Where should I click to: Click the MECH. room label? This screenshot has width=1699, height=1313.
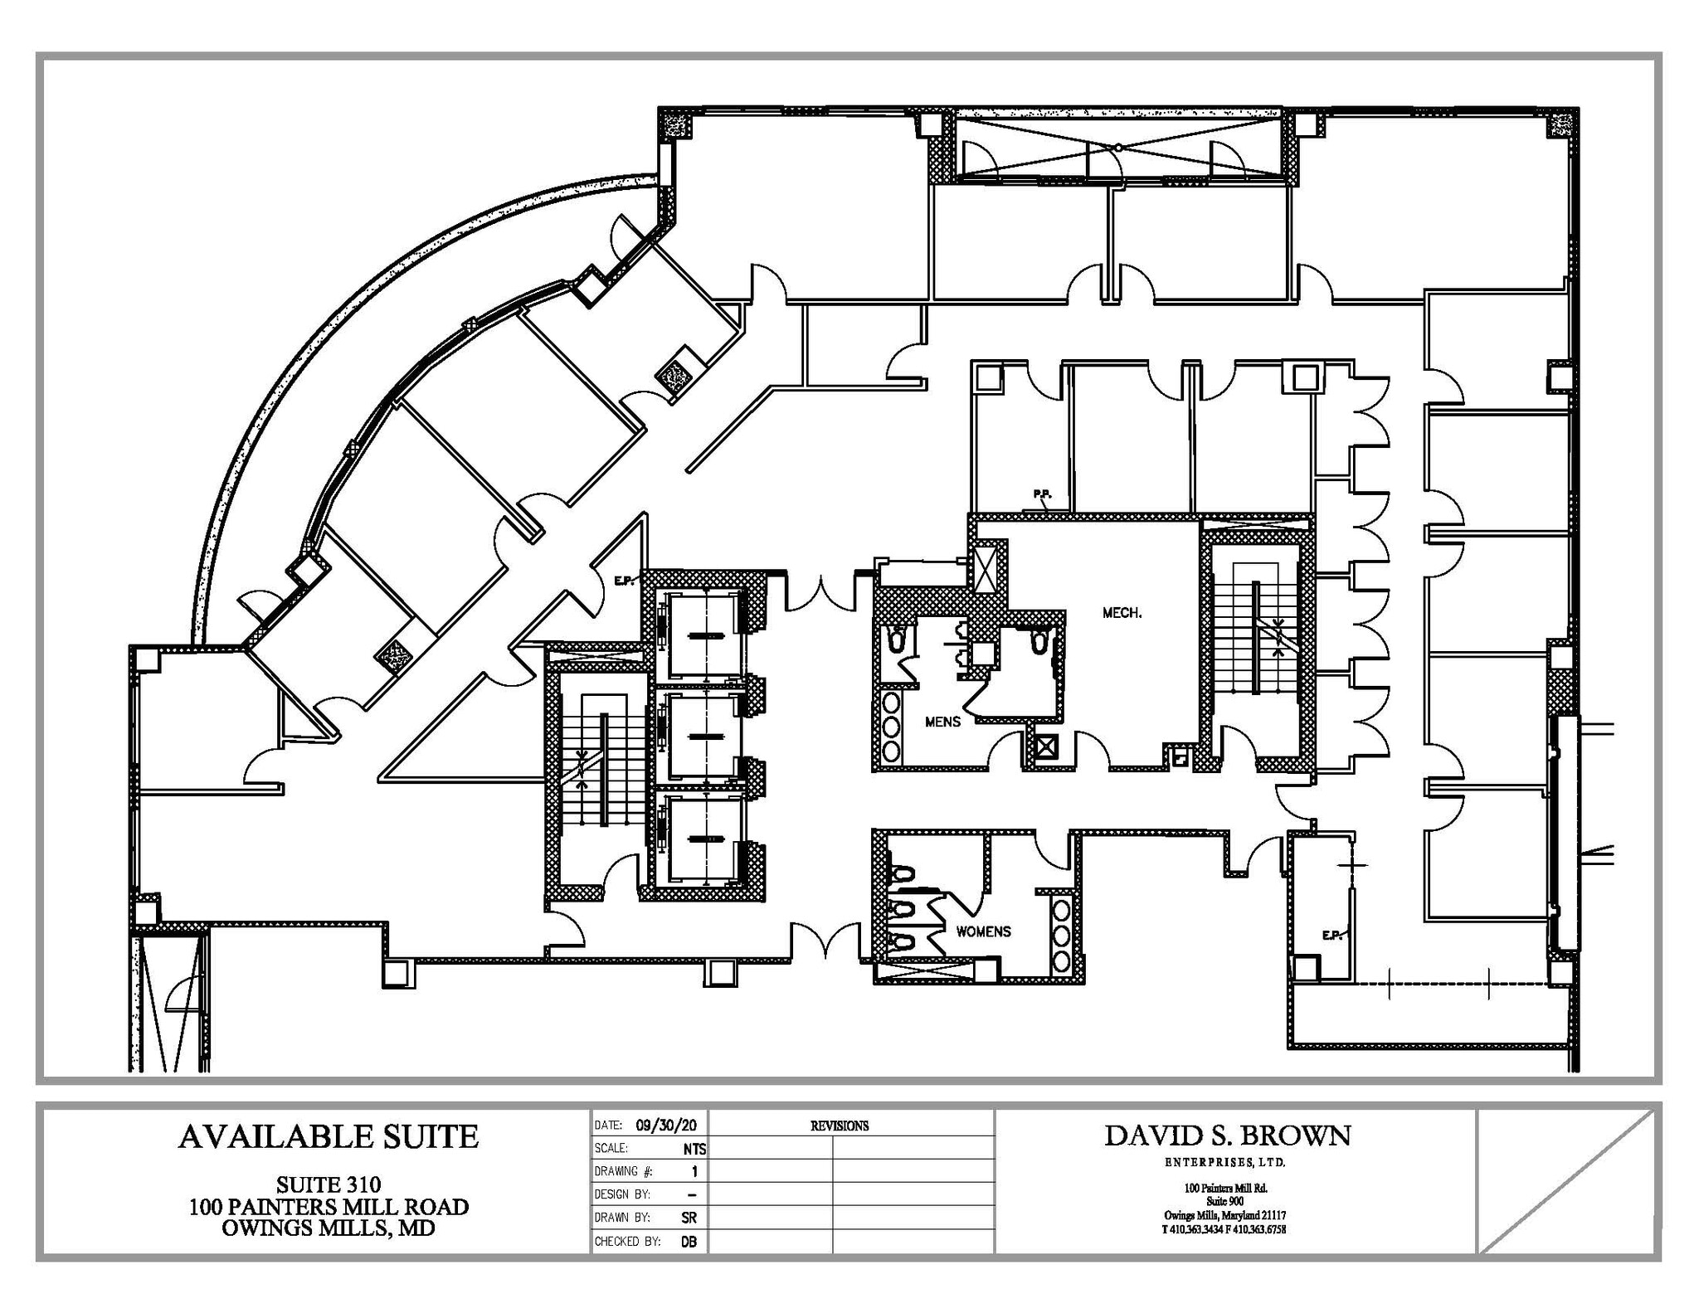point(1122,613)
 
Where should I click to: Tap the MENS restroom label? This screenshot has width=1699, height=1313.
point(942,722)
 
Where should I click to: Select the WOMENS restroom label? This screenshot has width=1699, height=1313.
point(983,931)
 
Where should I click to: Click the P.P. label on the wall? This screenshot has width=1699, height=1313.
point(1042,495)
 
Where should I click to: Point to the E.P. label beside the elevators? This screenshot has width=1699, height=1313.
point(624,581)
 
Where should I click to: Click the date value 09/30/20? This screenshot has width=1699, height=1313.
point(666,1126)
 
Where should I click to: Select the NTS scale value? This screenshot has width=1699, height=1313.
point(694,1149)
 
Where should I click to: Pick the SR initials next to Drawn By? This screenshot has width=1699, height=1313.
point(689,1218)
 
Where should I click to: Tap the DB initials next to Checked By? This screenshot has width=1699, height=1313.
point(689,1242)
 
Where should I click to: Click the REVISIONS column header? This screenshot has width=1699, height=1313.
point(839,1126)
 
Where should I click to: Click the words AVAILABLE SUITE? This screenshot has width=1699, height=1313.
point(329,1136)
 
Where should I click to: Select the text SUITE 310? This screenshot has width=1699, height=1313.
point(329,1184)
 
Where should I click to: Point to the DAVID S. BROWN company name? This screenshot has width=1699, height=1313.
point(1227,1136)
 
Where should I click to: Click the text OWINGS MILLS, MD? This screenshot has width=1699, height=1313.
point(329,1228)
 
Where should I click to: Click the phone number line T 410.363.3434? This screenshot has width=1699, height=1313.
point(1224,1230)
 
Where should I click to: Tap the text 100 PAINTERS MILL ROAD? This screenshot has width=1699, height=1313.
point(329,1206)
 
